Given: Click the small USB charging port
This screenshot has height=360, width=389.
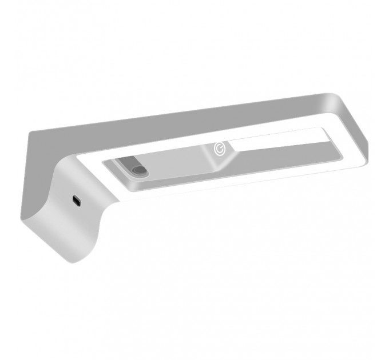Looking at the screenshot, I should tap(76, 200).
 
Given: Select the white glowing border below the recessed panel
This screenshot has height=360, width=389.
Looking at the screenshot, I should tap(229, 186).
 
